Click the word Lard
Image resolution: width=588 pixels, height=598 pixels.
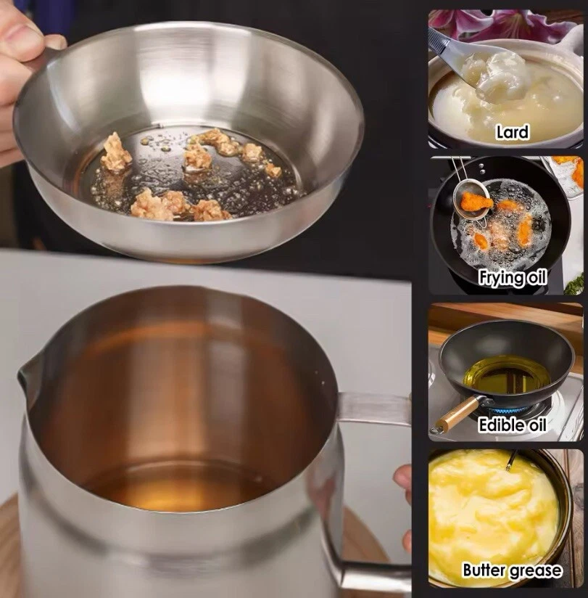513,132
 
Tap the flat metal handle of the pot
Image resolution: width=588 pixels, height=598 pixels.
376,408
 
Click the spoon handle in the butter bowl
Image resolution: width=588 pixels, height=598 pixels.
512,459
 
